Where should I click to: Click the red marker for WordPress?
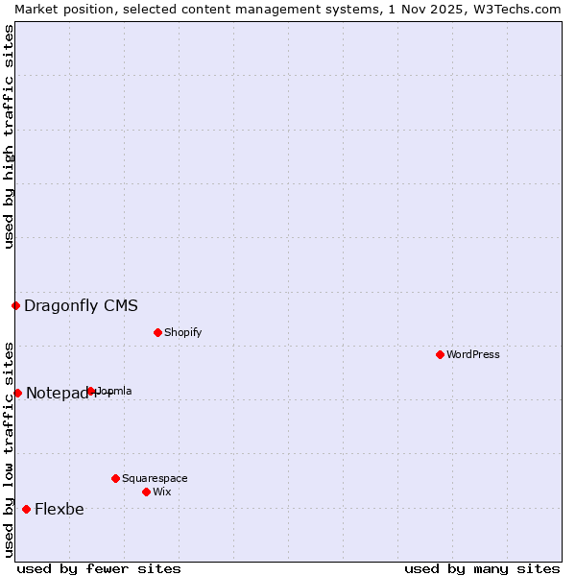tap(440, 354)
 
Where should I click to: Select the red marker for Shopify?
tap(157, 332)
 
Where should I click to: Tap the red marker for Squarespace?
tap(115, 478)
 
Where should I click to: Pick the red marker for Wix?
tap(146, 492)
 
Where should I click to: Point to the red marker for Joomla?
tap(91, 391)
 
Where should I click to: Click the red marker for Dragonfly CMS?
tap(15, 305)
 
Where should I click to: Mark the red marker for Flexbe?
tap(26, 509)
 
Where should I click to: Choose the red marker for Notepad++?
tap(17, 393)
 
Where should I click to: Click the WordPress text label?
tap(473, 354)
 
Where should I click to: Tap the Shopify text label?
tap(183, 332)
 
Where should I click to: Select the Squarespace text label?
tap(155, 478)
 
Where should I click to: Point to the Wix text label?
tap(162, 492)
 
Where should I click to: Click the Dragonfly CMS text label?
tap(81, 306)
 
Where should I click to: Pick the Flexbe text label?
tap(59, 510)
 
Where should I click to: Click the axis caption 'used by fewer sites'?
tap(99, 568)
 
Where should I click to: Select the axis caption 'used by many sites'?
tap(482, 568)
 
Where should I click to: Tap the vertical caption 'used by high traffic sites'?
tap(9, 136)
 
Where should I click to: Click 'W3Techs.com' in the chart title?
tap(521, 9)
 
